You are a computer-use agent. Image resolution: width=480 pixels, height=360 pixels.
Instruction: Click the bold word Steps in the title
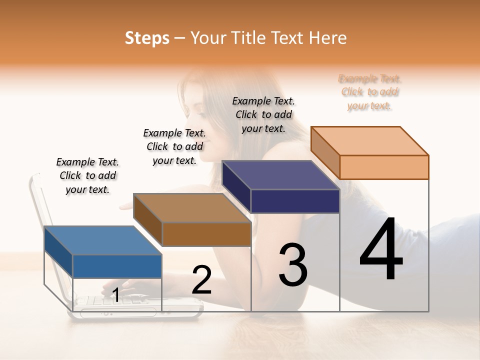click(x=147, y=38)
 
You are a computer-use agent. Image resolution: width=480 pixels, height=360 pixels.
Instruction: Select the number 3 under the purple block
click(x=293, y=264)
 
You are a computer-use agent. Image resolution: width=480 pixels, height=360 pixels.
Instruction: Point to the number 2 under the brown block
click(x=202, y=280)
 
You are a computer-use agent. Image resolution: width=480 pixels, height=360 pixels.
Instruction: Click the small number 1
click(x=115, y=295)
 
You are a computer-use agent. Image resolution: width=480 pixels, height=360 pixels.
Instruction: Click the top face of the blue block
click(x=103, y=240)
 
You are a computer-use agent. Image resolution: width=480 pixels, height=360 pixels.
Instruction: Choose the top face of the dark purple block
click(x=280, y=175)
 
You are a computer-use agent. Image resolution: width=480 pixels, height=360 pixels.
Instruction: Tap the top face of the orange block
click(x=369, y=141)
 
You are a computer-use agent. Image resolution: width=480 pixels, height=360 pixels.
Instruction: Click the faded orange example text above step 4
click(x=369, y=92)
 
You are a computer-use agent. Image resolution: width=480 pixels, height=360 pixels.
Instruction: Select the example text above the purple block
click(x=263, y=114)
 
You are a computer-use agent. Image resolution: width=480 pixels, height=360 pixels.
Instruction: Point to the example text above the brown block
click(x=174, y=146)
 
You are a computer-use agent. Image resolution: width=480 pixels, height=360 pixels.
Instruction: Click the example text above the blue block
click(x=87, y=175)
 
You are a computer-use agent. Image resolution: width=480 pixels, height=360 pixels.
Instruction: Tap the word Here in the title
click(x=328, y=38)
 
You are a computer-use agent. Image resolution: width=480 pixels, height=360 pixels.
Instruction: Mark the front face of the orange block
click(x=384, y=167)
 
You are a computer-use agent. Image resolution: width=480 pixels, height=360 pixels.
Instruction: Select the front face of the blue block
click(x=117, y=266)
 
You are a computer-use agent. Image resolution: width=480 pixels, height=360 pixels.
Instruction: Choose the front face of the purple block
click(x=295, y=201)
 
